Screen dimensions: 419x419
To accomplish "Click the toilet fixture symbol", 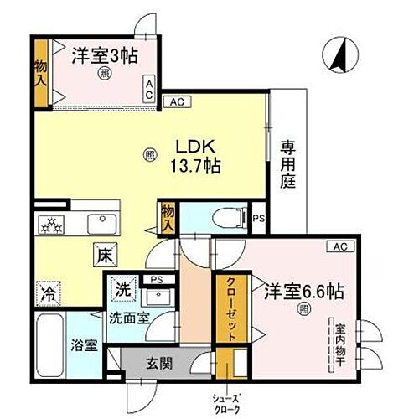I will coord(225,219).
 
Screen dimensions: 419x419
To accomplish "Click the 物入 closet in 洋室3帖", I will coord(40,79).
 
